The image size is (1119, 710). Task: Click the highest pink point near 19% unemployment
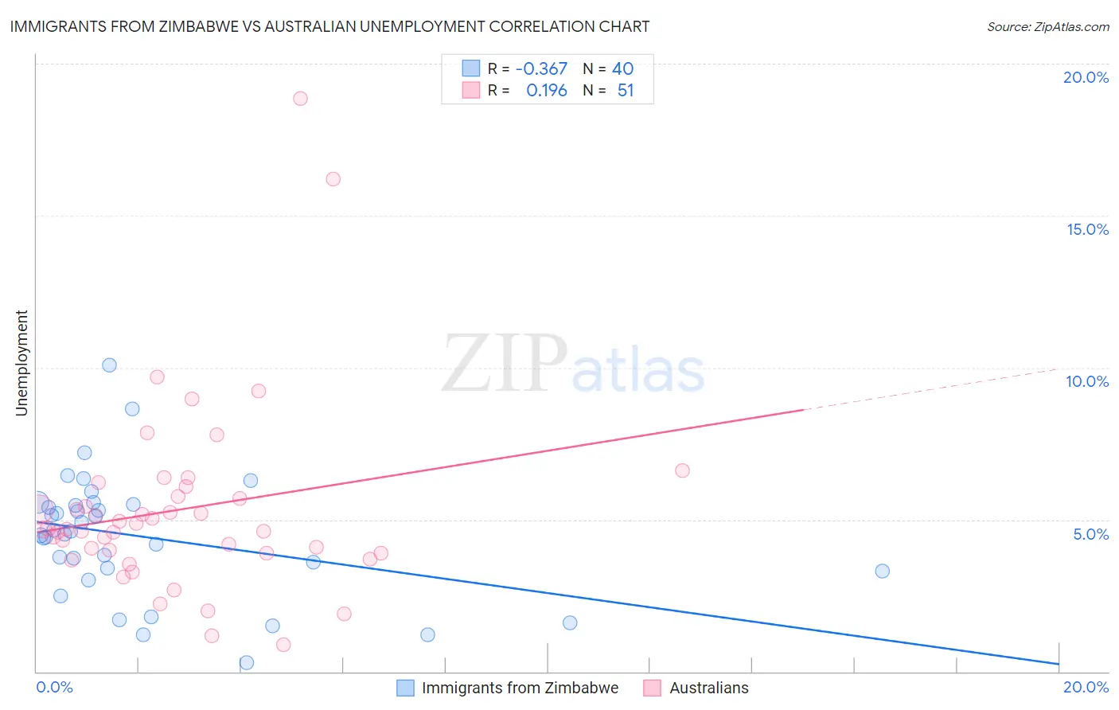tap(300, 99)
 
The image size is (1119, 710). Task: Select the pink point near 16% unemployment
tap(333, 179)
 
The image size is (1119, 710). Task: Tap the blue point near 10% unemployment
tap(110, 365)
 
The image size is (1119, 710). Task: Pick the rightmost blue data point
tap(882, 571)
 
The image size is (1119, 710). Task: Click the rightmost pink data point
tap(682, 470)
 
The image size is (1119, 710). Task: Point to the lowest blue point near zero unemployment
tap(247, 662)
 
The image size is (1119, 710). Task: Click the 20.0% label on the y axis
tap(1086, 77)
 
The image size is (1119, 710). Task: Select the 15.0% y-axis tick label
tap(1087, 229)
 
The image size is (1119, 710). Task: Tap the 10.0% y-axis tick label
tap(1087, 381)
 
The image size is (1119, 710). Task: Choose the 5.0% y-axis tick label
tap(1090, 534)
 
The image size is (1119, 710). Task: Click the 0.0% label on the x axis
tap(54, 687)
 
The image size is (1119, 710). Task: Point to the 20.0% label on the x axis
tap(1086, 687)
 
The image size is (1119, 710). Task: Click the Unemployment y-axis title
tap(22, 363)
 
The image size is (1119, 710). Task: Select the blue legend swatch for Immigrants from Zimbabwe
tap(405, 688)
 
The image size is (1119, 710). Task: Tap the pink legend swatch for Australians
tap(653, 688)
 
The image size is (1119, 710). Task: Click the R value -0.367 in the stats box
tap(541, 69)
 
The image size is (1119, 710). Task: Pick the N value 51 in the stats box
tap(626, 91)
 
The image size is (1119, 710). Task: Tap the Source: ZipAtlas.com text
tap(1047, 27)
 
